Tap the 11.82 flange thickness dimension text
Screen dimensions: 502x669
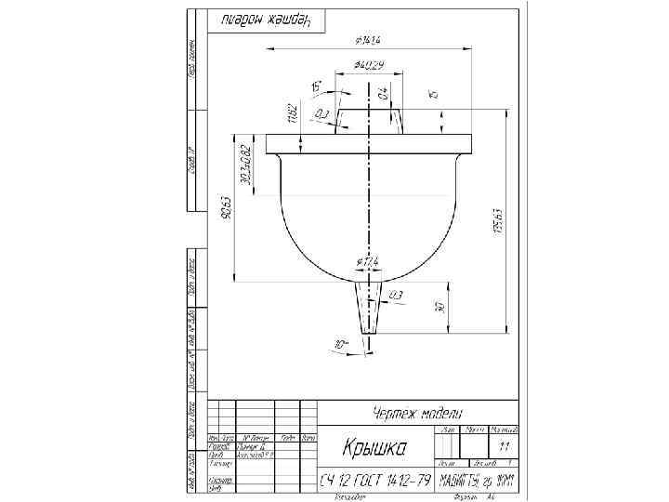point(291,112)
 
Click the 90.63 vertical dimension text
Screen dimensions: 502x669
point(227,210)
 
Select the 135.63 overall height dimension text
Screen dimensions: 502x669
point(499,220)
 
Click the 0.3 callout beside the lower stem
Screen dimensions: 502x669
point(396,295)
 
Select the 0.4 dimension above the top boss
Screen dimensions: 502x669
point(383,93)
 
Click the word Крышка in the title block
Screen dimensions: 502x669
point(374,449)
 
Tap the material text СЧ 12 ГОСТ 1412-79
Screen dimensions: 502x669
point(374,481)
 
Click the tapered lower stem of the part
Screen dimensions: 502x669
point(369,307)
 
